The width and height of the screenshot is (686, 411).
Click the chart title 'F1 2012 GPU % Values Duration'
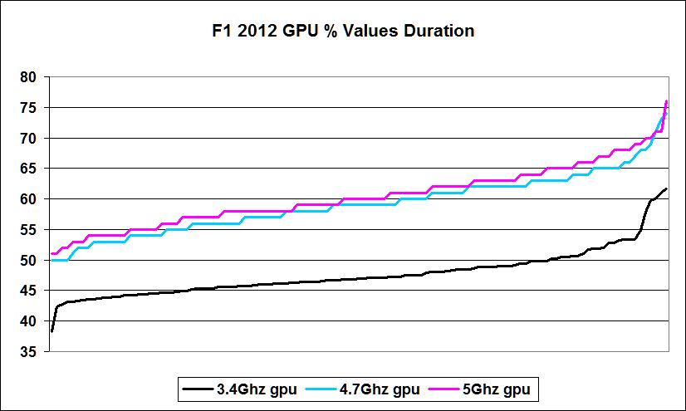tap(342, 32)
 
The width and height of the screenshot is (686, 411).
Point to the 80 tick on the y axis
tap(30, 77)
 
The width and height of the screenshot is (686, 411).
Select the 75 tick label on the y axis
tap(30, 108)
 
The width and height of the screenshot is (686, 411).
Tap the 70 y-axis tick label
tap(30, 138)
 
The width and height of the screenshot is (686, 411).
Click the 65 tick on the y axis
tap(30, 169)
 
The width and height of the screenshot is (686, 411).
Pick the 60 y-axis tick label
tap(30, 199)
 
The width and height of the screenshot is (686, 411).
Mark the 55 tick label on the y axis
tap(30, 230)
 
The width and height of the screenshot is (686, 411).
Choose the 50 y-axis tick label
tap(30, 260)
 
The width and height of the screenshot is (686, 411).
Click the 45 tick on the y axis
tap(30, 291)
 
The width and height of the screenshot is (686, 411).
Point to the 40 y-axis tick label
tap(30, 321)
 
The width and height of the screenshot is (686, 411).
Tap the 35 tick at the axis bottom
tap(30, 352)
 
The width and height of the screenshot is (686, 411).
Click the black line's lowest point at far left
tap(51, 330)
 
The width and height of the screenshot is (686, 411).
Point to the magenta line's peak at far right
tap(667, 101)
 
